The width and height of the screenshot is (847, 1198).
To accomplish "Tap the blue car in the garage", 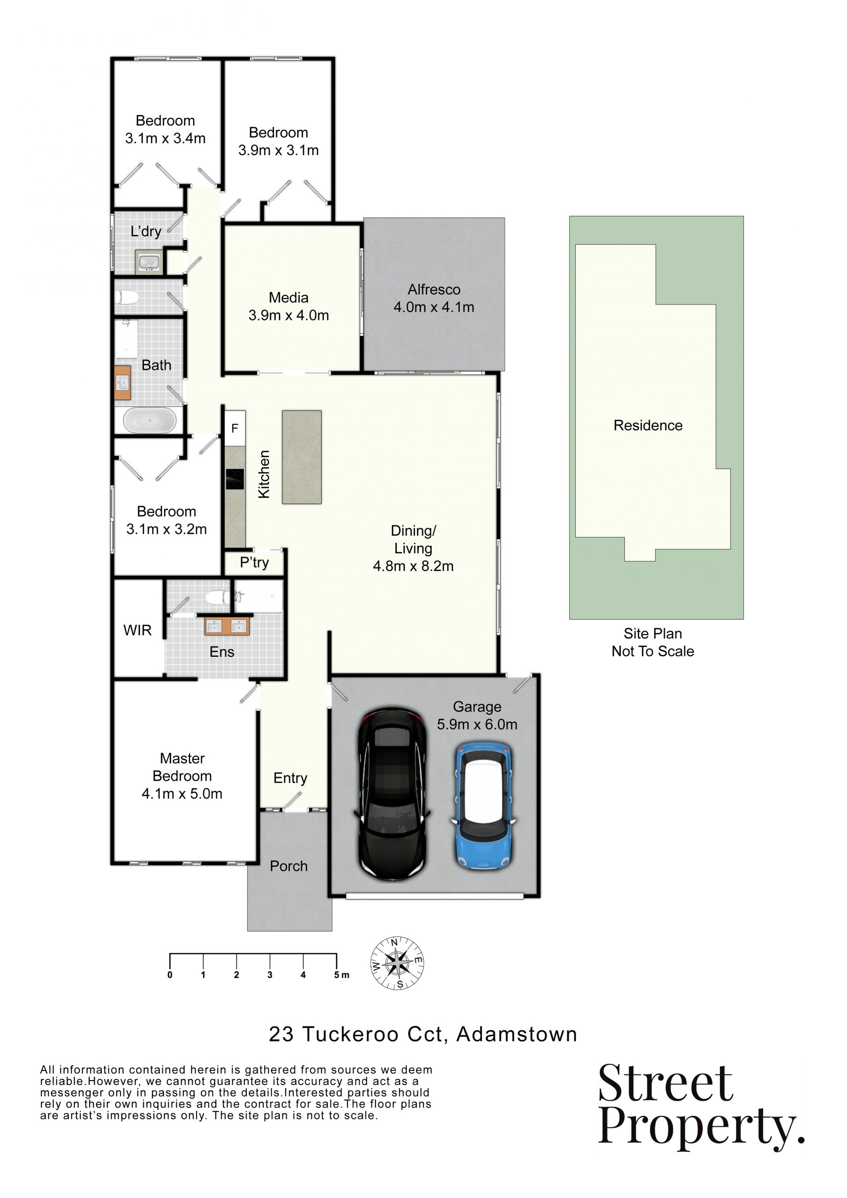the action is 483,806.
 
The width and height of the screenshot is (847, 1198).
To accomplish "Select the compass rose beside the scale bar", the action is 397,963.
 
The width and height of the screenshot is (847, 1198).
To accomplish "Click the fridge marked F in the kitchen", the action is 235,428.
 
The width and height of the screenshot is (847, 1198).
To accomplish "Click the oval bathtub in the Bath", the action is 150,421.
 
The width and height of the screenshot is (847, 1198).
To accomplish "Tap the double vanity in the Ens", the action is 227,626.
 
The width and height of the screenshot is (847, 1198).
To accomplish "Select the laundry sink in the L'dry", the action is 149,262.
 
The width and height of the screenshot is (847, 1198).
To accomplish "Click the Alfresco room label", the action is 434,289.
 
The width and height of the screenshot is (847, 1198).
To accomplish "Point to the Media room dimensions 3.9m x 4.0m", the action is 289,315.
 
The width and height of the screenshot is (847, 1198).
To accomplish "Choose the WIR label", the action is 138,630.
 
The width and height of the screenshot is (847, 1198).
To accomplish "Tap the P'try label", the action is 255,563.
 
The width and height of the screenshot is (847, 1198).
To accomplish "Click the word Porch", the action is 289,866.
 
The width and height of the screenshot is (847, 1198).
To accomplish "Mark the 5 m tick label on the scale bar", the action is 341,975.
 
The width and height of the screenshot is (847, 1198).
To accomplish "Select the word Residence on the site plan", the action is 648,425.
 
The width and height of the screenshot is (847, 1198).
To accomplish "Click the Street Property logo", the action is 701,1107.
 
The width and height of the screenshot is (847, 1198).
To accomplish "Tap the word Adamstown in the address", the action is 517,1034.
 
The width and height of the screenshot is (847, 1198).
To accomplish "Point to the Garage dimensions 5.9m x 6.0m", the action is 477,724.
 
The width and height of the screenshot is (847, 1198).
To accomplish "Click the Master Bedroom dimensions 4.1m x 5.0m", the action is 182,794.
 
